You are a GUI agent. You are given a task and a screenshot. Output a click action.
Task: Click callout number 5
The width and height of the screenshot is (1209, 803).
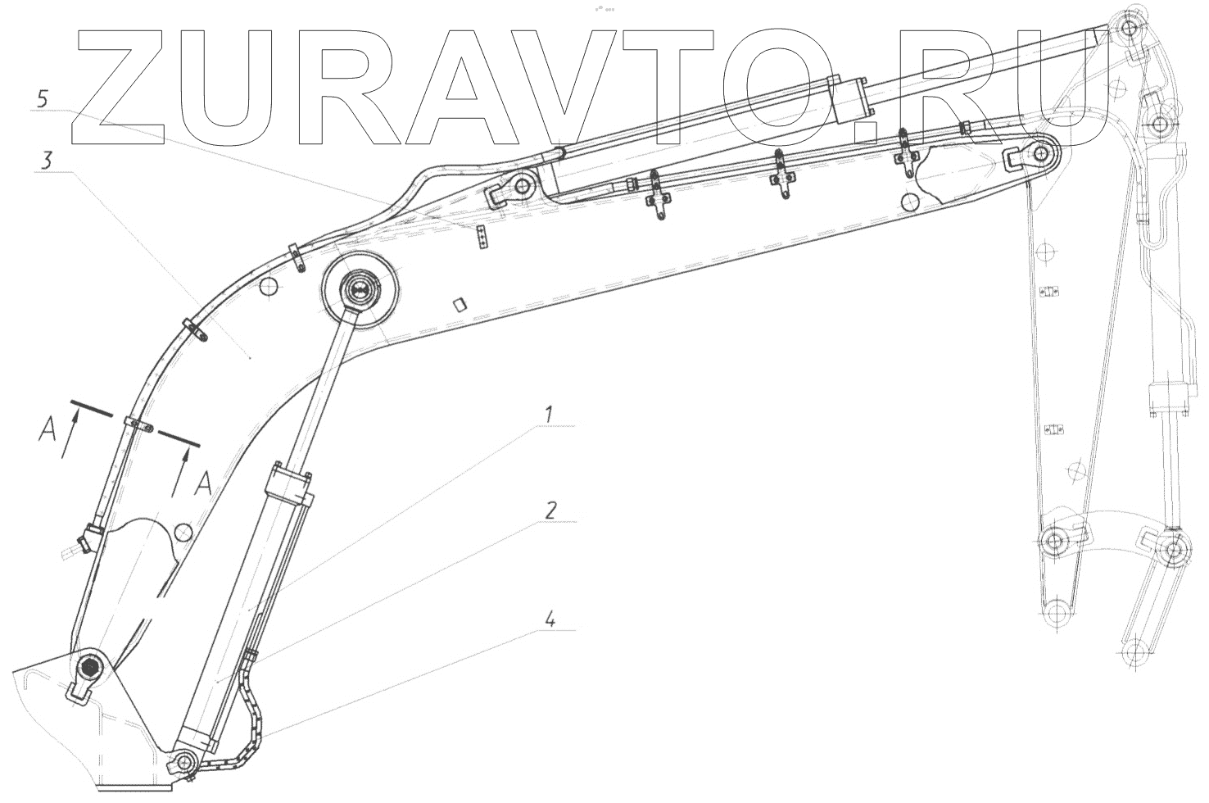click(x=43, y=99)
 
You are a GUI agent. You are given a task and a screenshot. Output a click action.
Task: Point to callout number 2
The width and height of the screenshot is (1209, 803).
click(x=550, y=510)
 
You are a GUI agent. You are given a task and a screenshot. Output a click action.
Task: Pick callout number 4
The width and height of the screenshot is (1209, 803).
click(x=550, y=619)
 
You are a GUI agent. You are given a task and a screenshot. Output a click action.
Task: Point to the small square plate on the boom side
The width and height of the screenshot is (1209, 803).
click(x=460, y=304)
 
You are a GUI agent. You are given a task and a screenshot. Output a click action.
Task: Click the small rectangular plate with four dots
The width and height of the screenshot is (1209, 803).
click(x=483, y=238)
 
